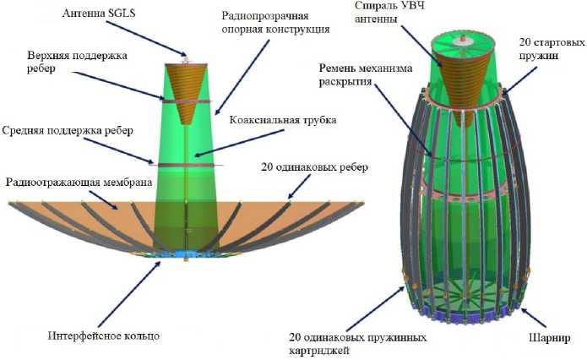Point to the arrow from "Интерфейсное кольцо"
click(x=138, y=292)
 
